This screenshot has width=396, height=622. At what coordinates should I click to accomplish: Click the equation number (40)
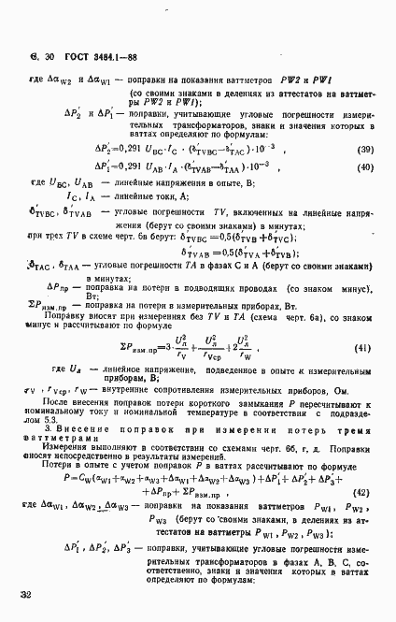click(x=366, y=167)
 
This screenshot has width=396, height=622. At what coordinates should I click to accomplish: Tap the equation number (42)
click(x=365, y=491)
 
